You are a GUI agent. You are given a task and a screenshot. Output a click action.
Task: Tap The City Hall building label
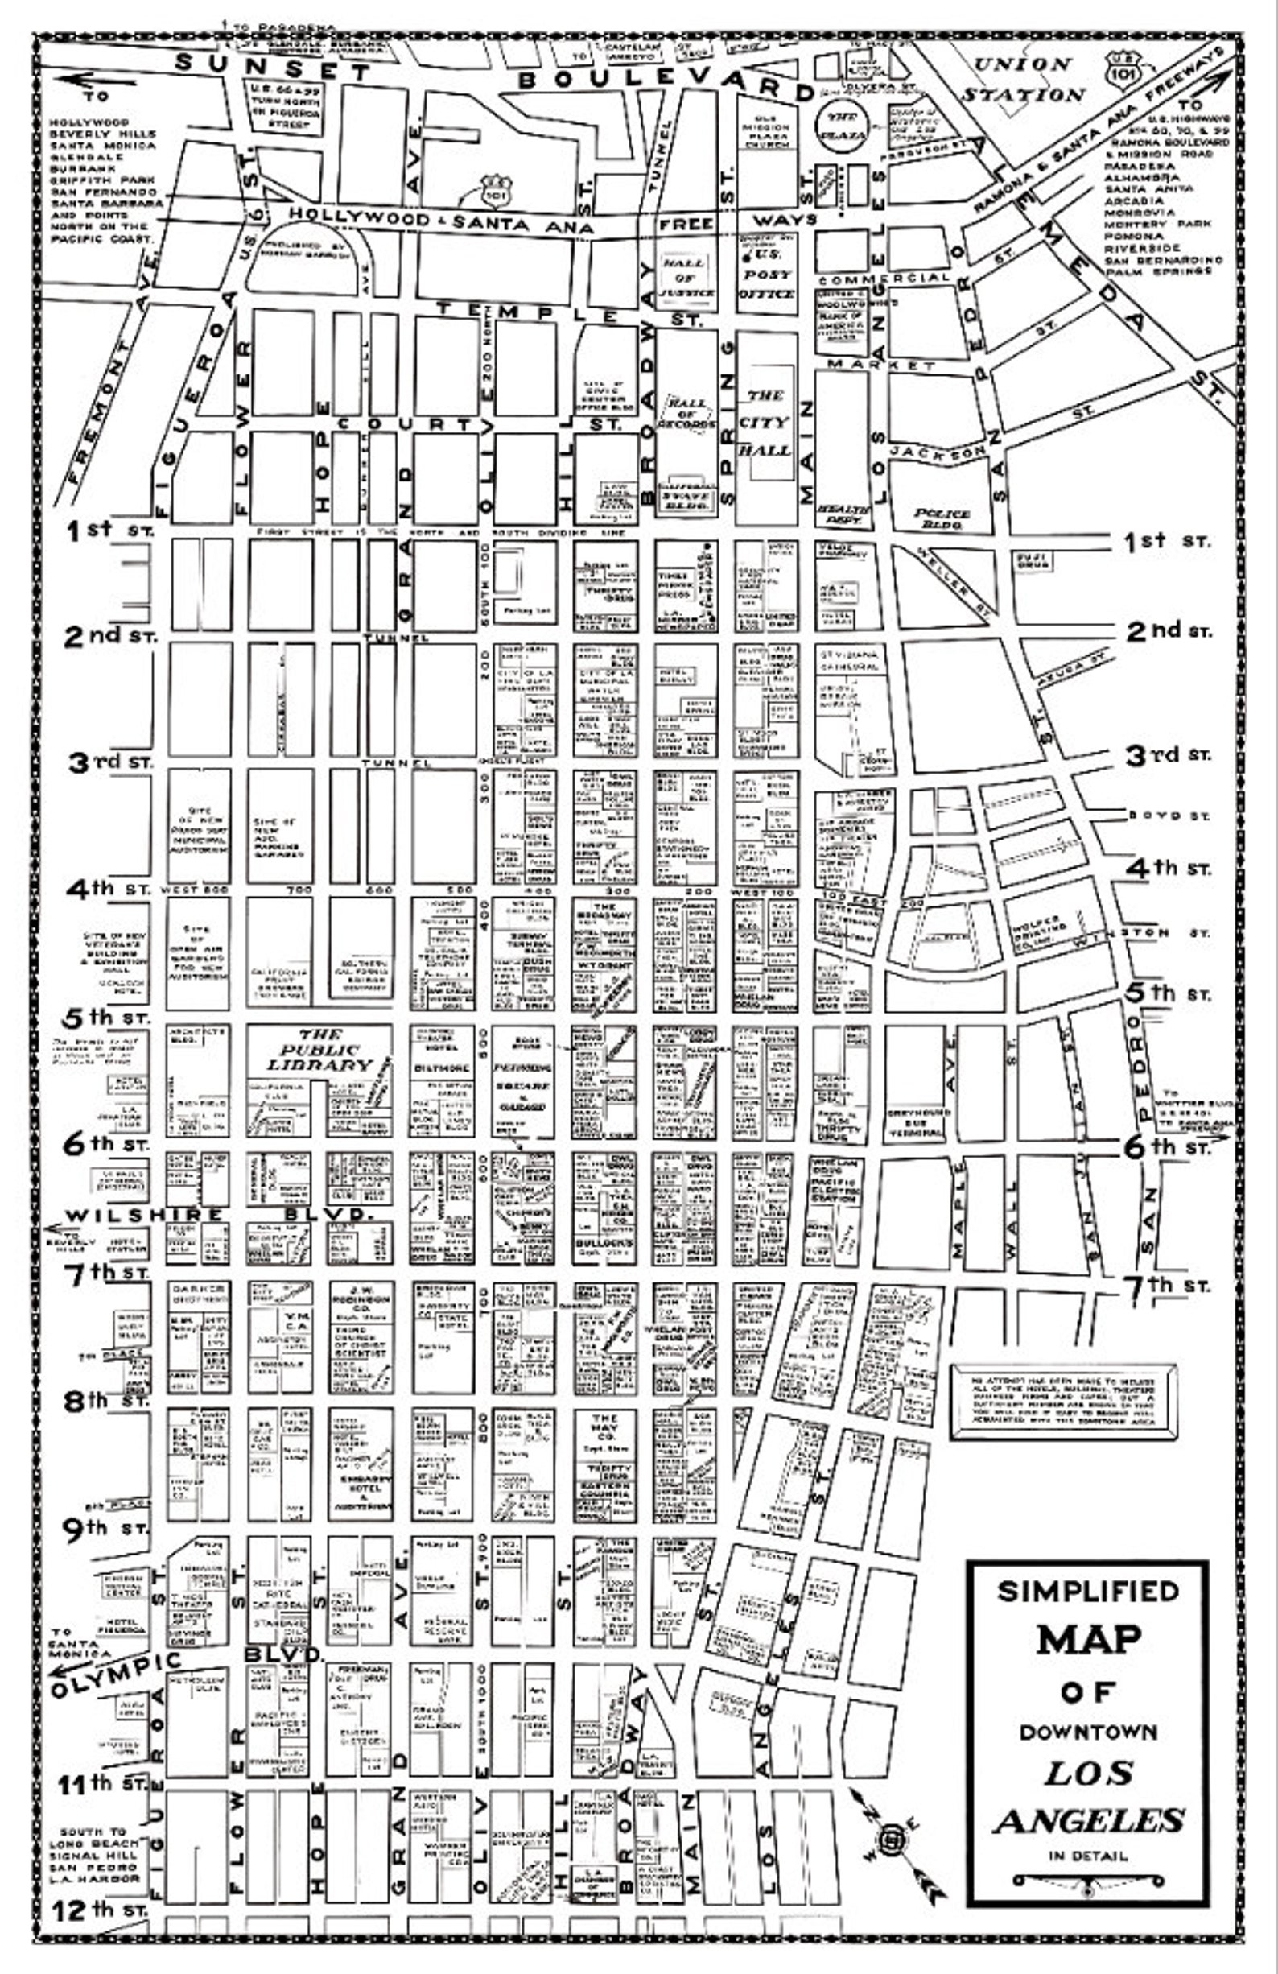765,423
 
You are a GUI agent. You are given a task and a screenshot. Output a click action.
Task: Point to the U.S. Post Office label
765,274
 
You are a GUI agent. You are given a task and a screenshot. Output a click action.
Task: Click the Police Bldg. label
942,519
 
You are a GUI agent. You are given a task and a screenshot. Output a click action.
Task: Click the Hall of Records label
686,413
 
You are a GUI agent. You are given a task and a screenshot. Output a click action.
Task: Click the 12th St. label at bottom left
100,1910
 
